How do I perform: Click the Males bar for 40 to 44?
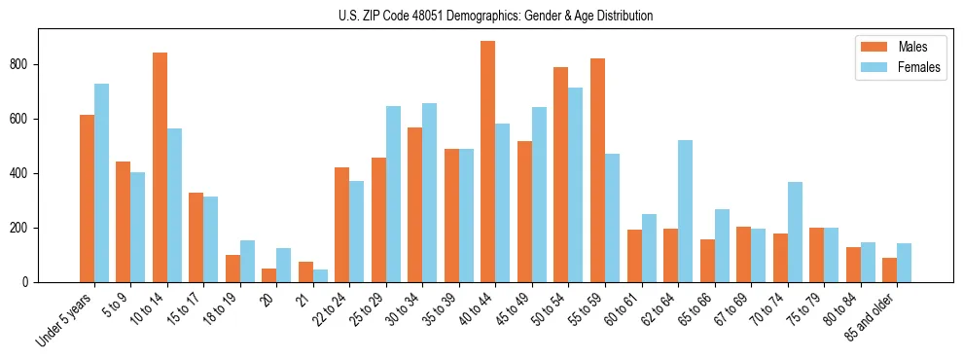488,162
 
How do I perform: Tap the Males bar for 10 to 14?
160,167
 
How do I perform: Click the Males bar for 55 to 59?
597,170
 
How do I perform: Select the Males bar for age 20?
269,275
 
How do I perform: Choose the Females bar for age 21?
320,276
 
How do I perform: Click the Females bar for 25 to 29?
393,195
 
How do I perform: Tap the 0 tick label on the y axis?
30,282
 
